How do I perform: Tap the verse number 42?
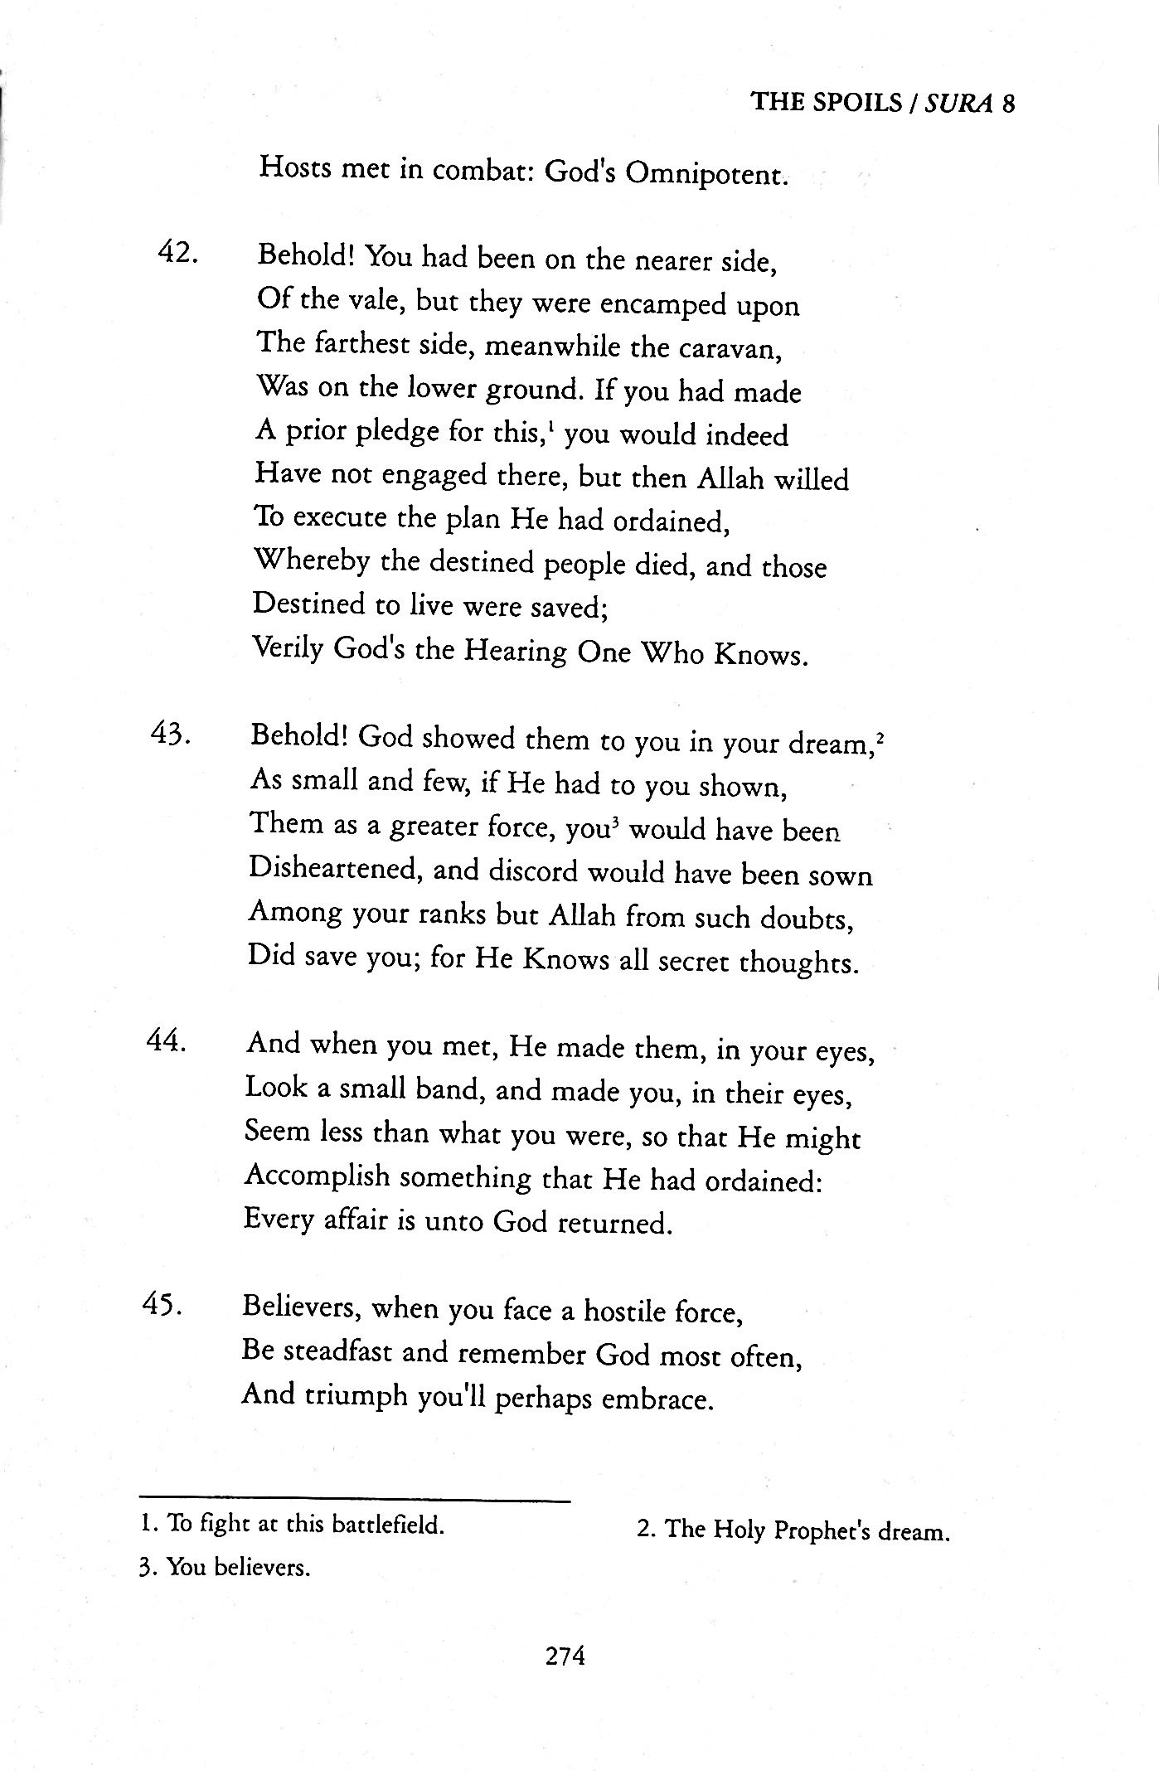click(177, 253)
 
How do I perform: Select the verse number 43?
click(172, 735)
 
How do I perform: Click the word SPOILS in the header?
click(861, 102)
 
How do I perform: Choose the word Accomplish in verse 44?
click(318, 1177)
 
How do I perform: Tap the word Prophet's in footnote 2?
click(821, 1530)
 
